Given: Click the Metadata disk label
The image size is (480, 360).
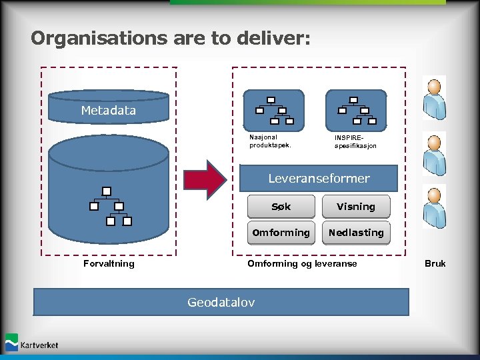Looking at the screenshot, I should [109, 110].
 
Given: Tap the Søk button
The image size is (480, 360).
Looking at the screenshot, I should [281, 207].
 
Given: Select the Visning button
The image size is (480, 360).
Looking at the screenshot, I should [356, 207].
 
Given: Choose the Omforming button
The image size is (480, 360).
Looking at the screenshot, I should [281, 233].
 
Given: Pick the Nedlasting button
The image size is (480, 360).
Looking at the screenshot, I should [356, 233].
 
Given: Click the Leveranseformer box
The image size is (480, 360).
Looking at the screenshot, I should [319, 179].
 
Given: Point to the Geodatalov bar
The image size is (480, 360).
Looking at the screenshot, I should [221, 302].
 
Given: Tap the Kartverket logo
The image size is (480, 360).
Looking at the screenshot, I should [32, 343].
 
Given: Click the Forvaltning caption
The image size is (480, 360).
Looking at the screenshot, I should [109, 264].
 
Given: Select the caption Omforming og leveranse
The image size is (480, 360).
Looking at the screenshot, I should [302, 264].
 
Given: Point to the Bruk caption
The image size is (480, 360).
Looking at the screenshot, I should [435, 264].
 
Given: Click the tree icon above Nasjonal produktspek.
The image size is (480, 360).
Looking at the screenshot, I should [273, 111].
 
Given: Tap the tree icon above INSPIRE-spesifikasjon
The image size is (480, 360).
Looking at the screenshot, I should [356, 111].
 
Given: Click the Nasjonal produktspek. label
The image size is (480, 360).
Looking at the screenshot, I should [270, 141].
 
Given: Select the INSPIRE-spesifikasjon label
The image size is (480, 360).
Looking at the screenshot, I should [355, 141].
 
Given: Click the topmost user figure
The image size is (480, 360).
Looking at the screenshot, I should [434, 98].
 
